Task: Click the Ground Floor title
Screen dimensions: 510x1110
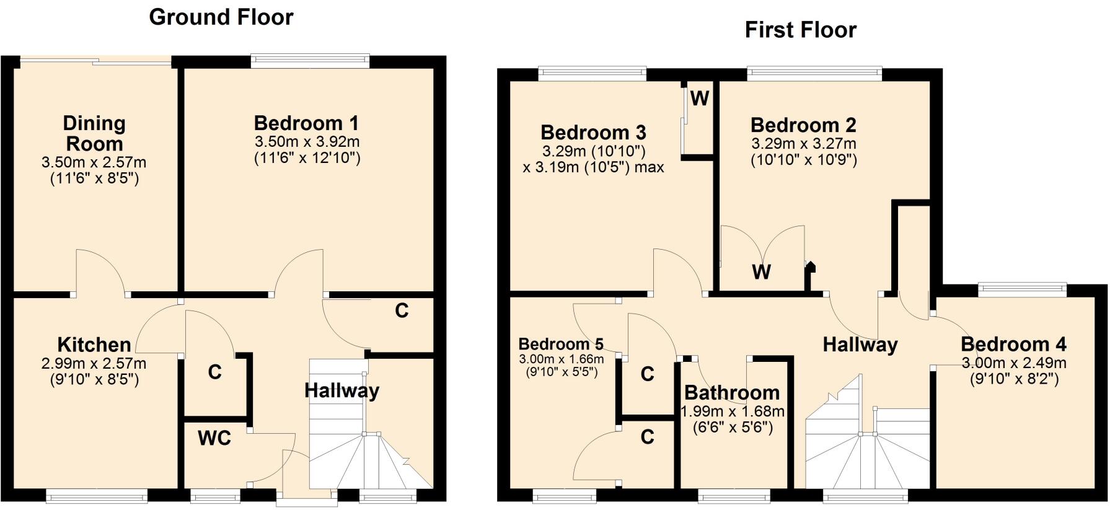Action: pos(221,17)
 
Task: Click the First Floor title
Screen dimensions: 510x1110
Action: pos(800,30)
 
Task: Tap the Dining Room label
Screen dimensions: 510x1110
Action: pos(94,133)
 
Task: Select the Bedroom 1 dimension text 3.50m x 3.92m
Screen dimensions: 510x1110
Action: pos(307,142)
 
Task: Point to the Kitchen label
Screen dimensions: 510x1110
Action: pos(94,345)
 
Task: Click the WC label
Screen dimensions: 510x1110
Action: pos(214,438)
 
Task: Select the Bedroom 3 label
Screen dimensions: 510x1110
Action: pos(593,132)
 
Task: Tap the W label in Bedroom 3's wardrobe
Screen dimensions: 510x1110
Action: pos(699,98)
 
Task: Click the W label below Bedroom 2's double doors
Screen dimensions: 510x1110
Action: pos(761,271)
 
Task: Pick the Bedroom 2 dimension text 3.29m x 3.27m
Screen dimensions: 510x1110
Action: pos(804,144)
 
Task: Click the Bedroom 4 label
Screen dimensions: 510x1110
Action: pos(1013,344)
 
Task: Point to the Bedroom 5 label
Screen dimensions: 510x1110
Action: pos(561,344)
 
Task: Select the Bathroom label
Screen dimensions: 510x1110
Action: pos(732,392)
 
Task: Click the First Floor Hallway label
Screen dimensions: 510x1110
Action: pos(860,345)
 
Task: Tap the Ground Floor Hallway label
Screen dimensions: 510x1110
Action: pos(341,390)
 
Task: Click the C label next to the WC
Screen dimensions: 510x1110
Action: pos(214,372)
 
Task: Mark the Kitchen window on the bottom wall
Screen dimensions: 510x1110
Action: pos(97,495)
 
